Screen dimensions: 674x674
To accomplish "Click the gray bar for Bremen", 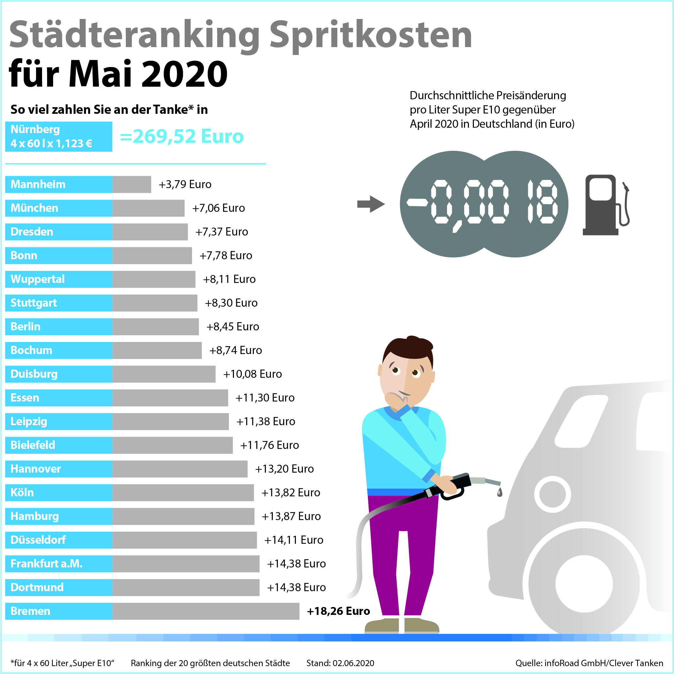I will pyautogui.click(x=205, y=611).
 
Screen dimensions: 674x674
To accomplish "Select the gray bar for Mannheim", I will pyautogui.click(x=132, y=184).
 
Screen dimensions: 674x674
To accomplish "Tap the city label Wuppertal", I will pyautogui.click(x=38, y=279).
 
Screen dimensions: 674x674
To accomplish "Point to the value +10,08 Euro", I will pyautogui.click(x=252, y=374).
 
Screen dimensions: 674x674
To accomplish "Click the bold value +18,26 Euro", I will pyautogui.click(x=338, y=611).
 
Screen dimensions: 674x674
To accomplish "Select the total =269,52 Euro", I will pyautogui.click(x=182, y=136).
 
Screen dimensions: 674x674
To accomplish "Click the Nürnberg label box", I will pyautogui.click(x=58, y=136).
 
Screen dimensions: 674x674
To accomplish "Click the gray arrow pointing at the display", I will pyautogui.click(x=371, y=204).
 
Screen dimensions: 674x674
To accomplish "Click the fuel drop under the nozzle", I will pyautogui.click(x=499, y=492).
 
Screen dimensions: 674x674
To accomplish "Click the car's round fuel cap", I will pyautogui.click(x=552, y=494).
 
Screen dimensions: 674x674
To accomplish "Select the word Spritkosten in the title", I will pyautogui.click(x=371, y=35).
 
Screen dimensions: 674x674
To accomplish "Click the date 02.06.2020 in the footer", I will pyautogui.click(x=353, y=663).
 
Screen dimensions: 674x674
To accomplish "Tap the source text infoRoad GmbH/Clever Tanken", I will pyautogui.click(x=604, y=663).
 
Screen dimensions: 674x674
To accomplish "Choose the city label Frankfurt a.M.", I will pyautogui.click(x=46, y=563).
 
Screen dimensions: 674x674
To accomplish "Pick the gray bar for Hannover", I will pyautogui.click(x=180, y=469).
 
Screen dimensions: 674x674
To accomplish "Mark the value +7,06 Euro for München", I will pyautogui.click(x=218, y=208).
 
